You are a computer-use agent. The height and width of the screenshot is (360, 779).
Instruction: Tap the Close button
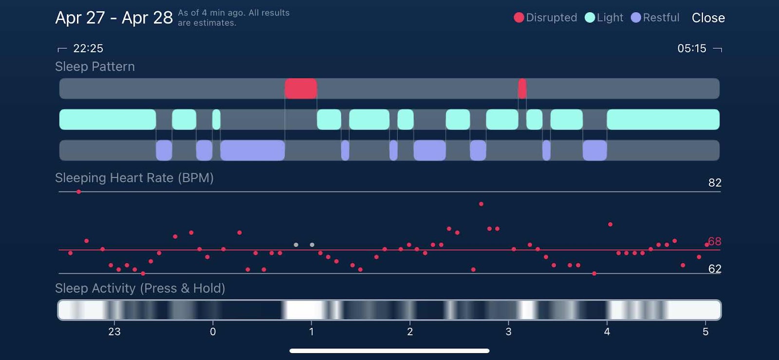pyautogui.click(x=708, y=18)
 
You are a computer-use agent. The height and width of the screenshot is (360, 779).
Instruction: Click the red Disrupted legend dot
pyautogui.click(x=519, y=18)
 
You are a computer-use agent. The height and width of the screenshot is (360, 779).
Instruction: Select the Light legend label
pyautogui.click(x=610, y=18)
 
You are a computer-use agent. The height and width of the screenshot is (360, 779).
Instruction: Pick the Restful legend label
pyautogui.click(x=661, y=18)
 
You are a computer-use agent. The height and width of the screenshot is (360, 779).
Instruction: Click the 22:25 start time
pyautogui.click(x=88, y=48)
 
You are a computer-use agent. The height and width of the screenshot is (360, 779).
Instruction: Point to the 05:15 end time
pyautogui.click(x=691, y=48)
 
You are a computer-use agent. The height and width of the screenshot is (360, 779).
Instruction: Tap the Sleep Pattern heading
pyautogui.click(x=95, y=67)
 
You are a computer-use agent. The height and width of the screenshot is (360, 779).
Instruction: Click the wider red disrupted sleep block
pyautogui.click(x=300, y=89)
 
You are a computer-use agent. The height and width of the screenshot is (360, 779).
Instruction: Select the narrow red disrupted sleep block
pyautogui.click(x=522, y=89)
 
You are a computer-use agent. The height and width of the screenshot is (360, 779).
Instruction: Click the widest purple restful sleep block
pyautogui.click(x=252, y=150)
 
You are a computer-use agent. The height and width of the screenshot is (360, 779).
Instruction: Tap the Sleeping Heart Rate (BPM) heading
pyautogui.click(x=134, y=178)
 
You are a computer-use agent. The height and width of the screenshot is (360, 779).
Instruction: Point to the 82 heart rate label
pyautogui.click(x=715, y=183)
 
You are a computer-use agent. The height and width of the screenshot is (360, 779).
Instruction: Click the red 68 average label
pyautogui.click(x=715, y=241)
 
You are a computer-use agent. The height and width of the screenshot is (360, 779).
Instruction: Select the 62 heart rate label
pyautogui.click(x=715, y=268)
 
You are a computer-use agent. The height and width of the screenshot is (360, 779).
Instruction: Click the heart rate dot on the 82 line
pyautogui.click(x=79, y=192)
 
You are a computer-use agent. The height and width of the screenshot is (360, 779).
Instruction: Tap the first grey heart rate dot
pyautogui.click(x=296, y=245)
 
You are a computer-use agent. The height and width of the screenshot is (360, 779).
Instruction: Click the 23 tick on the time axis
pyautogui.click(x=114, y=332)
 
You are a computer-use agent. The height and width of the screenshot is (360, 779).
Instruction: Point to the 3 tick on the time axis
pyautogui.click(x=508, y=332)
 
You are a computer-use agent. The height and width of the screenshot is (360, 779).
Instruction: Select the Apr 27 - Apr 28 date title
pyautogui.click(x=114, y=18)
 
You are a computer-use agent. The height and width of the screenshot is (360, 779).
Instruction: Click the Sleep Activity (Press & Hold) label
pyautogui.click(x=140, y=288)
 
